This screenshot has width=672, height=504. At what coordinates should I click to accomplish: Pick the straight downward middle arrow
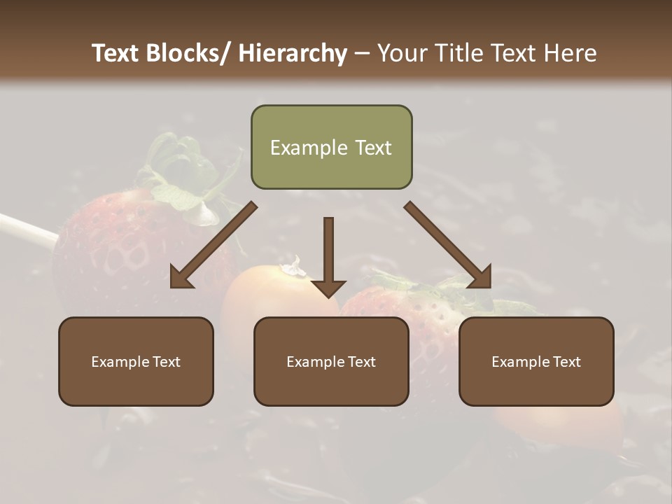[x=328, y=256]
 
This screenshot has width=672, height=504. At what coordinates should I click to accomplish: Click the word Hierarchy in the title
[x=293, y=53]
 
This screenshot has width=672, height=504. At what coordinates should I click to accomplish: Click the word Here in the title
[x=570, y=53]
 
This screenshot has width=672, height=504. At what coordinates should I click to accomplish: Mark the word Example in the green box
[x=304, y=148]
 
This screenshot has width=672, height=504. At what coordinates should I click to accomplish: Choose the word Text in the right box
[x=566, y=362]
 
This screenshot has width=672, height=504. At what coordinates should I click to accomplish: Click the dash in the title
[x=363, y=54]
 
